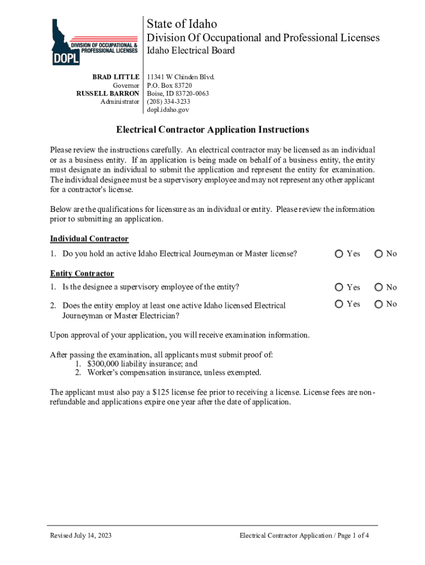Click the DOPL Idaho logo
(x=94, y=42)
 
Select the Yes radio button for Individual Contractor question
(x=338, y=254)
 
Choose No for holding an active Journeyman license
(x=378, y=254)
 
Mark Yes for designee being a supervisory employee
(x=338, y=287)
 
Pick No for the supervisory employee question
(x=378, y=287)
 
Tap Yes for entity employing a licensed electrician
(x=338, y=304)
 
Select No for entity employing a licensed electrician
(x=378, y=304)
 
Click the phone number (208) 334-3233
(x=168, y=102)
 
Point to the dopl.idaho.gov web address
(x=168, y=110)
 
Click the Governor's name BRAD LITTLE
(x=115, y=77)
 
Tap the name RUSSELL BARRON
(x=108, y=94)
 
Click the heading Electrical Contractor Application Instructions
(x=212, y=130)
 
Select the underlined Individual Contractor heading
(x=89, y=239)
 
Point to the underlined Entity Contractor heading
(x=82, y=274)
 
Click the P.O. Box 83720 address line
(x=169, y=86)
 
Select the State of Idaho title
(x=182, y=24)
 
